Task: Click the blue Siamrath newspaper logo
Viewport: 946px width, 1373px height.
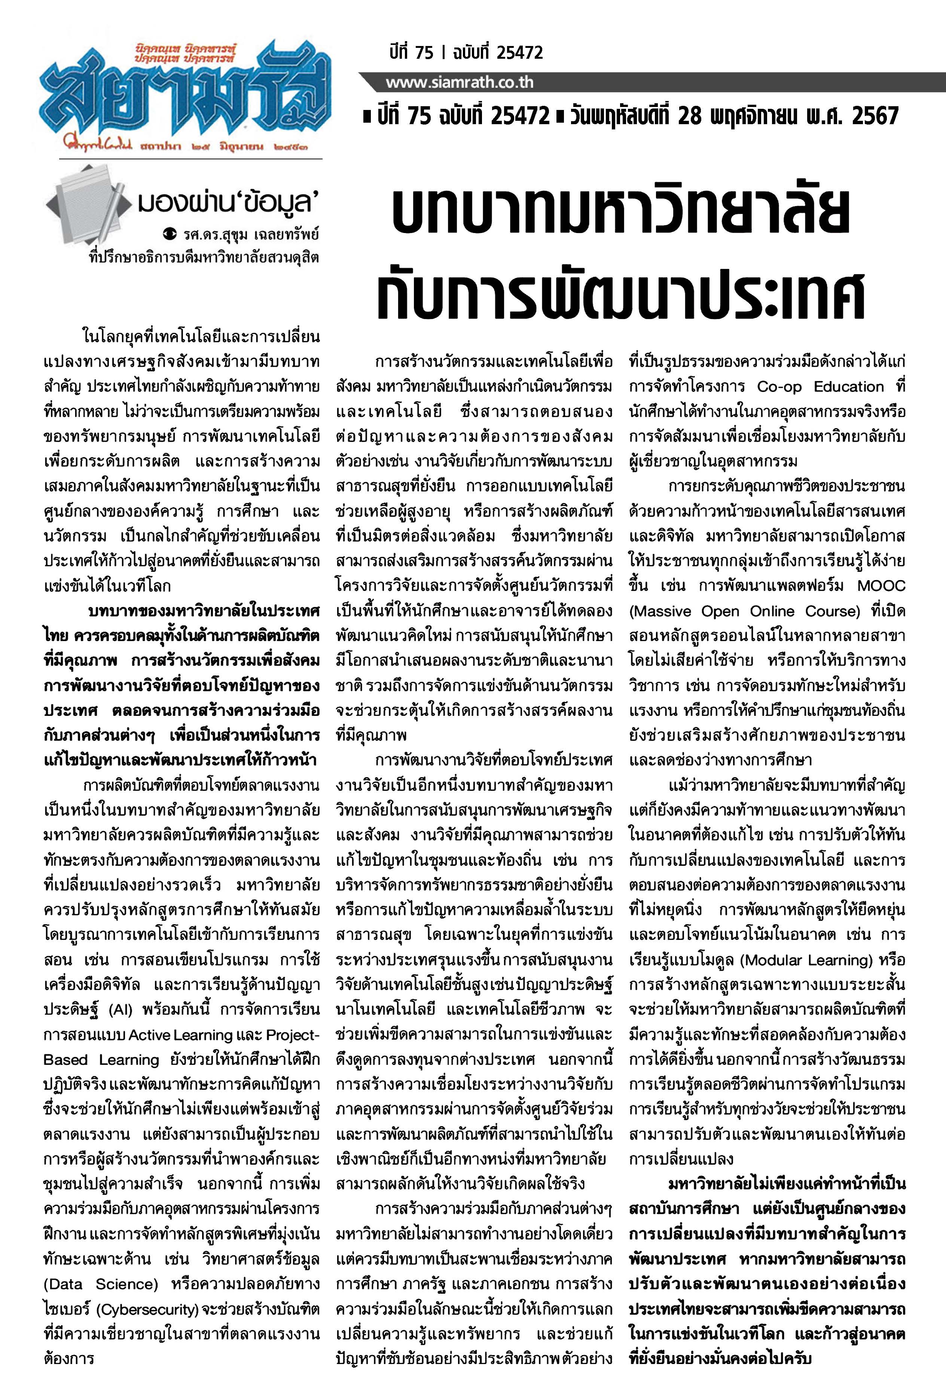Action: [x=184, y=95]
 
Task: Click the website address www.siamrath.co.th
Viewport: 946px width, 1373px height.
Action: [x=460, y=82]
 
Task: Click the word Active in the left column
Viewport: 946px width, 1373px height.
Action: [x=147, y=1035]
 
